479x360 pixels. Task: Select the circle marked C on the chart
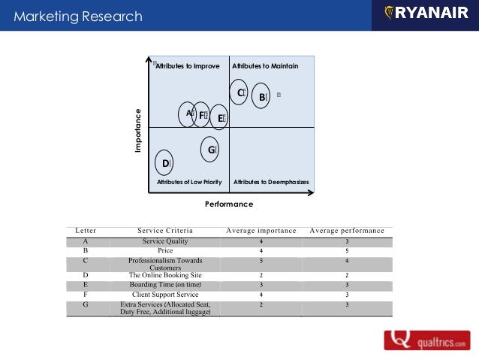point(239,92)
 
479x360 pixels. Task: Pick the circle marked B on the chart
point(261,97)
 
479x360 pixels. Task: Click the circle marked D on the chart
point(166,162)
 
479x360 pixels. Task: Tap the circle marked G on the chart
point(211,150)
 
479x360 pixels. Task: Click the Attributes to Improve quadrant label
point(187,66)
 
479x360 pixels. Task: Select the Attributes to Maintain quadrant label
point(265,66)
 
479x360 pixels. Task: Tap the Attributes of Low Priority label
point(188,183)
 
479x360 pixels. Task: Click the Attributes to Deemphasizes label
point(271,183)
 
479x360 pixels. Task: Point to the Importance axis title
point(138,132)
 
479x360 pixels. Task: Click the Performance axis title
point(229,204)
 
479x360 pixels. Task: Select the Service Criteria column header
point(165,231)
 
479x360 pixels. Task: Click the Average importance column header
point(261,231)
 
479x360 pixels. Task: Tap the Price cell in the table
point(165,250)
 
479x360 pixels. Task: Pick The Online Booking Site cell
point(165,275)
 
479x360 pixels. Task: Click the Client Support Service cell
point(165,294)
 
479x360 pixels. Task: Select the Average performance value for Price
point(347,251)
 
